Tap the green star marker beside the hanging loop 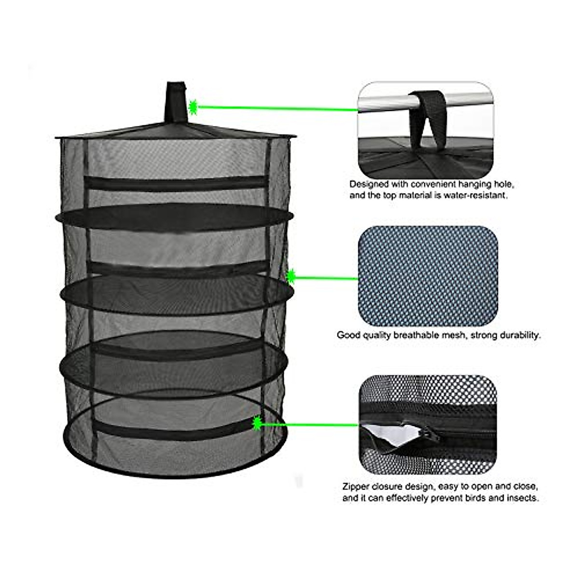pyautogui.click(x=193, y=107)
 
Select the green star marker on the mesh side pyautogui.click(x=291, y=276)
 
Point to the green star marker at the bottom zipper pyautogui.click(x=257, y=423)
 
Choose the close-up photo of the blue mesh pyautogui.click(x=427, y=275)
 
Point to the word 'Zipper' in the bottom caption pyautogui.click(x=355, y=486)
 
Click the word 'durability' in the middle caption pyautogui.click(x=518, y=335)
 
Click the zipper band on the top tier pyautogui.click(x=176, y=182)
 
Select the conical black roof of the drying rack pyautogui.click(x=176, y=129)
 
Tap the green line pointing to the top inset pyautogui.click(x=275, y=108)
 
